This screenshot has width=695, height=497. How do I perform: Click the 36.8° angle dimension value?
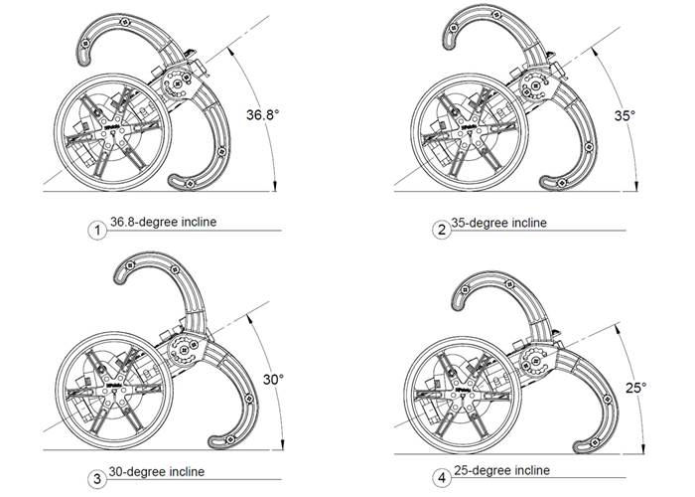click(x=262, y=115)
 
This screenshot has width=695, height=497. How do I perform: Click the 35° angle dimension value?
click(x=623, y=115)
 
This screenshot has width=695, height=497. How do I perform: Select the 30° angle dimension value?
click(x=273, y=379)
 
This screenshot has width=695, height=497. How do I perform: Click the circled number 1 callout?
click(x=97, y=231)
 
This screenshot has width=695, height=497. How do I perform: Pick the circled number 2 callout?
click(x=442, y=231)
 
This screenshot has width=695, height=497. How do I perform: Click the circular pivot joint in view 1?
click(x=180, y=83)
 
